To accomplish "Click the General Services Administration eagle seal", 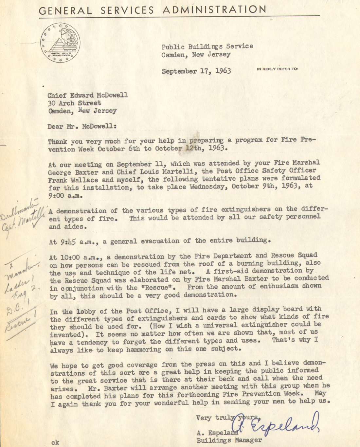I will pos(60,43).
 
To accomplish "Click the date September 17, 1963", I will pos(196,71).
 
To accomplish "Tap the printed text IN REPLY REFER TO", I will pos(277,69).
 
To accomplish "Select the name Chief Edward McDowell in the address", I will pos(87,95).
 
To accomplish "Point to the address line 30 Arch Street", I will pos(74,103).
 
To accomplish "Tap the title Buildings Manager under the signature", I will pos(229,440).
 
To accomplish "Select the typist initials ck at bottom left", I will pos(55,442).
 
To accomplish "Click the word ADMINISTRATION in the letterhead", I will pos(214,10).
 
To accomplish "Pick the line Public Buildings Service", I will pos(207,46).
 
